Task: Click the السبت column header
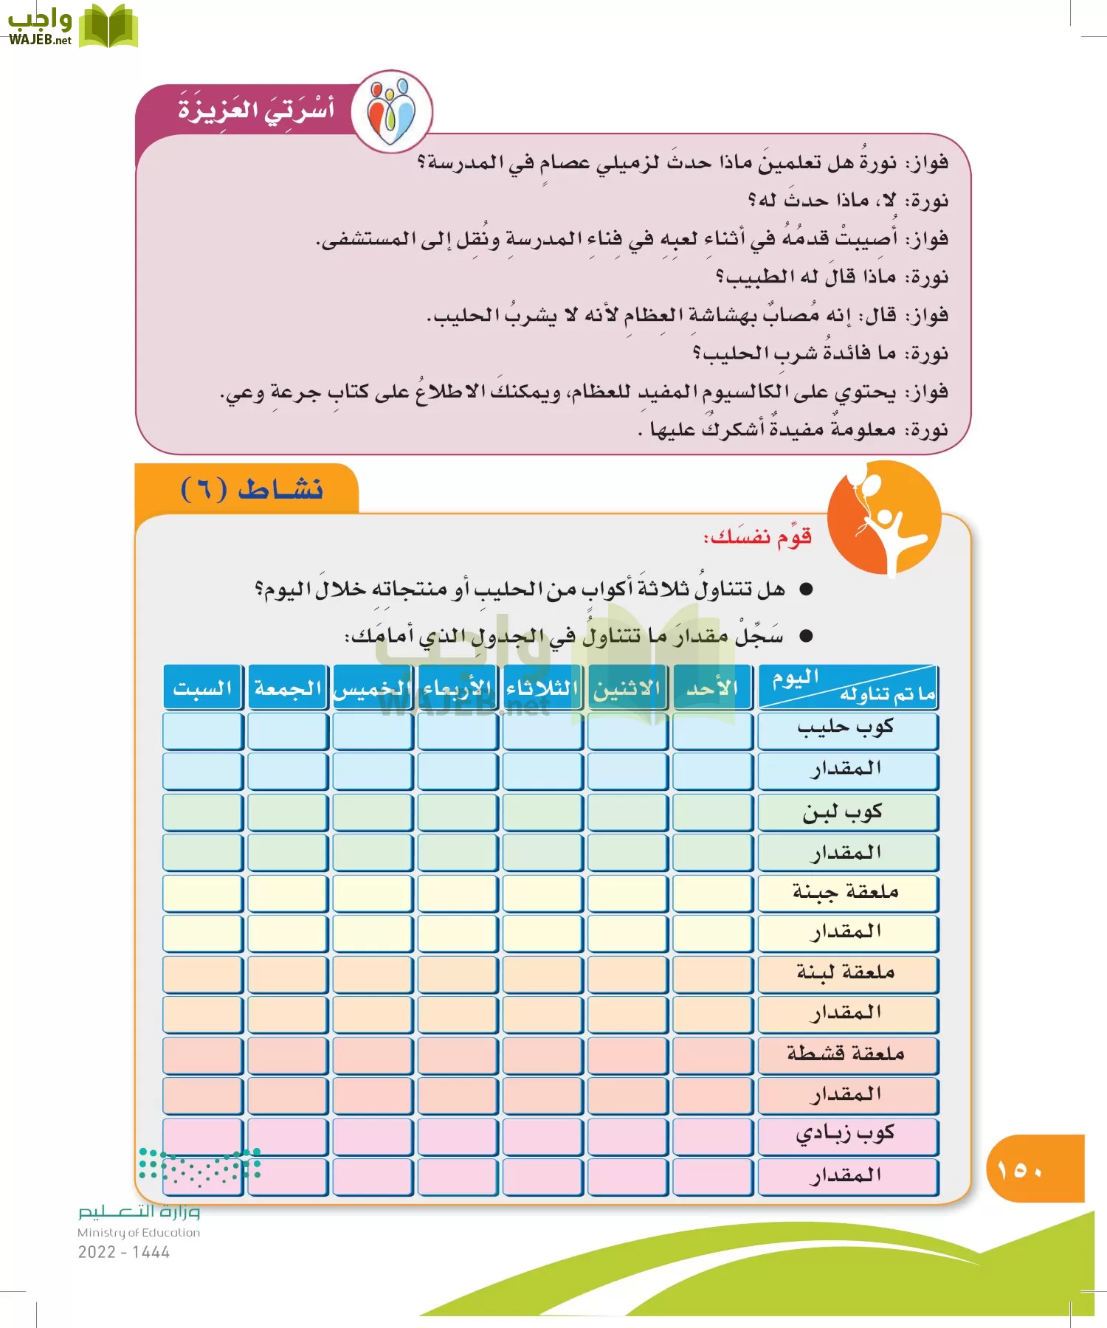[203, 688]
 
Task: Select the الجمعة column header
[288, 688]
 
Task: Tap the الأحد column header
[712, 688]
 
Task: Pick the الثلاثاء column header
[542, 688]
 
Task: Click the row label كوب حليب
[847, 729]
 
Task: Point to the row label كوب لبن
[847, 812]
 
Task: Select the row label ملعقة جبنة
[847, 893]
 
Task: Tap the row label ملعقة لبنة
[847, 973]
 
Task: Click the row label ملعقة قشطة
[847, 1054]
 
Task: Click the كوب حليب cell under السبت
[203, 730]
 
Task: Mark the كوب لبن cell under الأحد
[712, 812]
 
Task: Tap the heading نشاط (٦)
[252, 489]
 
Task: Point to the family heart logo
[392, 111]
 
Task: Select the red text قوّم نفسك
[757, 536]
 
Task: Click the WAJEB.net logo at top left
[72, 27]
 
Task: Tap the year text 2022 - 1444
[124, 1252]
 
